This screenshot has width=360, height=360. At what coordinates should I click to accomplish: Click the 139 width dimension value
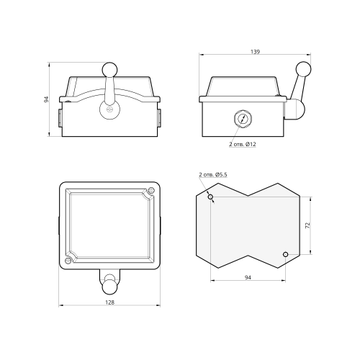255,52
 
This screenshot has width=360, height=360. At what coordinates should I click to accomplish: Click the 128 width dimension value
109,302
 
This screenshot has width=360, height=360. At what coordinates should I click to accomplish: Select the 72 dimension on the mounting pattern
307,225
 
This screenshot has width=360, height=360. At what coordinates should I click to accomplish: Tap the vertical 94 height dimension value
46,99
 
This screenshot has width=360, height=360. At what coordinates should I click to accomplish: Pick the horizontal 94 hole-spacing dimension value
248,277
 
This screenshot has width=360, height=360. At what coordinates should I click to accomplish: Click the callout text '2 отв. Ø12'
243,144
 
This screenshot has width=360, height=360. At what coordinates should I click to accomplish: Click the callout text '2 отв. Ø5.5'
213,174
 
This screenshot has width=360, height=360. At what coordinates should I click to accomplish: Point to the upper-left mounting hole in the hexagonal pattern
210,197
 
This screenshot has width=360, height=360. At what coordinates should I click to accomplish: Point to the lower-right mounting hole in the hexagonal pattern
285,254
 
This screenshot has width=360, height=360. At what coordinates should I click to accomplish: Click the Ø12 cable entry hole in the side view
243,118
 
